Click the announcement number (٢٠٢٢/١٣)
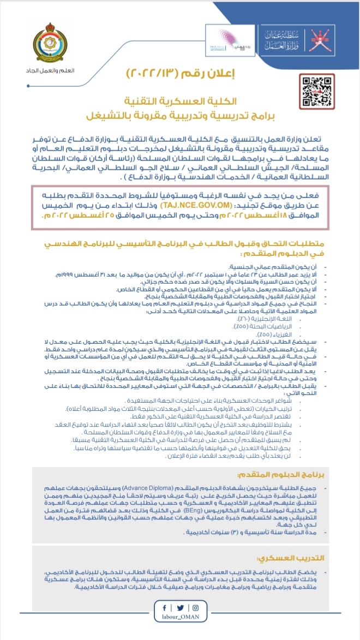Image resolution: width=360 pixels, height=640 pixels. pos(155,73)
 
